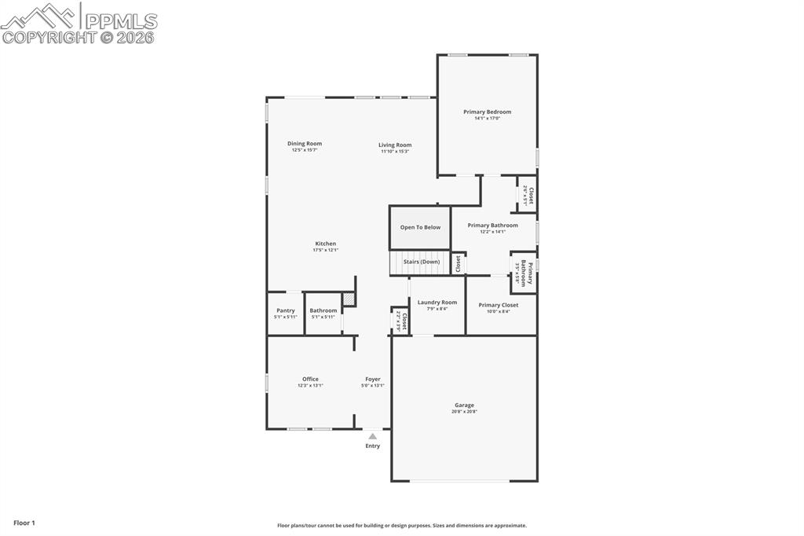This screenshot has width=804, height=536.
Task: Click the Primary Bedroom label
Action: pyautogui.click(x=487, y=112)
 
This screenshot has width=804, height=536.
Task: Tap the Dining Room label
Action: pyautogui.click(x=305, y=143)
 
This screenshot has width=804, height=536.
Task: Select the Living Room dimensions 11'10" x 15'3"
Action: pyautogui.click(x=395, y=152)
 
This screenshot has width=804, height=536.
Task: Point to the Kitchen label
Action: pyautogui.click(x=326, y=244)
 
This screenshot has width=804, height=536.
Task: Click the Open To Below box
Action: pyautogui.click(x=420, y=227)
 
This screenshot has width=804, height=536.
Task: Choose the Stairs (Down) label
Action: pyautogui.click(x=422, y=262)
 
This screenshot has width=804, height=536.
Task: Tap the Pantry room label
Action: pyautogui.click(x=285, y=310)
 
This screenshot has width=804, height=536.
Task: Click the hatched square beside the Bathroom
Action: pyautogui.click(x=349, y=299)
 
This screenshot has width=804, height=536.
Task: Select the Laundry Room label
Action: pyautogui.click(x=437, y=302)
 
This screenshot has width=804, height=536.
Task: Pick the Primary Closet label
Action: pyautogui.click(x=499, y=305)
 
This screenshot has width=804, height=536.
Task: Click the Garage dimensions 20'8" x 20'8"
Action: pyautogui.click(x=464, y=412)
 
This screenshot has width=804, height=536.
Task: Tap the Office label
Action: pyautogui.click(x=310, y=379)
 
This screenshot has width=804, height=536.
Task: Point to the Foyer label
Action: pyautogui.click(x=373, y=379)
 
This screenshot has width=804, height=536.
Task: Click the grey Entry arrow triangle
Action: pyautogui.click(x=373, y=436)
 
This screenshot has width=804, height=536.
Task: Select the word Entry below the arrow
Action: pyautogui.click(x=373, y=446)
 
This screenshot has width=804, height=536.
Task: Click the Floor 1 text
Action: pyautogui.click(x=24, y=523)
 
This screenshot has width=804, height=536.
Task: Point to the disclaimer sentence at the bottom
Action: pyautogui.click(x=402, y=526)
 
